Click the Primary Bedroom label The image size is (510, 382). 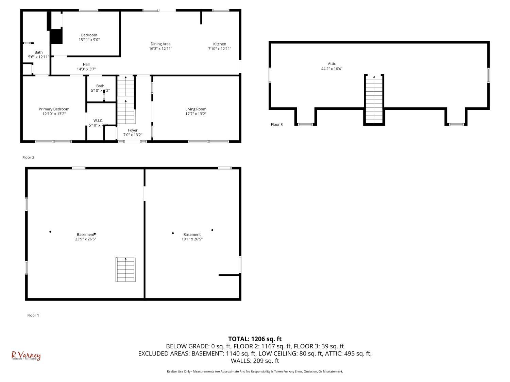[54, 109]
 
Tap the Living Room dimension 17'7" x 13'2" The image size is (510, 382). [196, 114]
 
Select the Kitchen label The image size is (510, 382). [220, 44]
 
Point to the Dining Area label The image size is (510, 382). [160, 44]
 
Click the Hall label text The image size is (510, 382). [86, 64]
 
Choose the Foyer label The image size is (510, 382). [133, 130]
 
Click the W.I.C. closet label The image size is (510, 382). [98, 121]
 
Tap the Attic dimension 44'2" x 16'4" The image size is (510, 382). [332, 69]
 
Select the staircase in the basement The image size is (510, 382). [126, 270]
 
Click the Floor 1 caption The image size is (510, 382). [33, 315]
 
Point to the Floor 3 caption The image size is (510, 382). [276, 124]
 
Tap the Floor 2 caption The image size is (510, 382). [28, 157]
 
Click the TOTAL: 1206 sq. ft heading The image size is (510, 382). [255, 339]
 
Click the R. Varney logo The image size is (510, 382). [26, 356]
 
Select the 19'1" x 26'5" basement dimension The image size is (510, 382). [192, 239]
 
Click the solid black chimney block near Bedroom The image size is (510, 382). [56, 37]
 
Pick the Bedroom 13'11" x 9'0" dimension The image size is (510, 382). [89, 40]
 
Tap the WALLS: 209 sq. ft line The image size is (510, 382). [255, 361]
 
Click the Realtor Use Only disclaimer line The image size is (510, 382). [255, 371]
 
